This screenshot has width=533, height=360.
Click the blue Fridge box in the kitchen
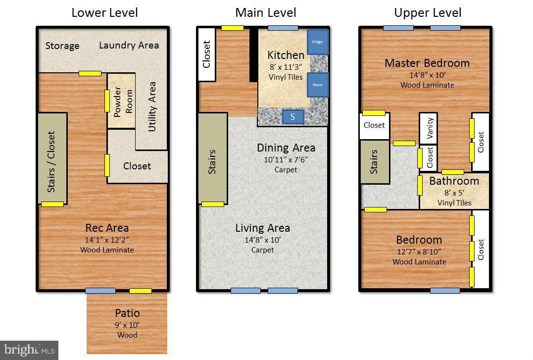coord(317,42)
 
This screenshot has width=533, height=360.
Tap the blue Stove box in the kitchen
coord(317,85)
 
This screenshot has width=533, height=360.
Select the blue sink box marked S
coord(293,117)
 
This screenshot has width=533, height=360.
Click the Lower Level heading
coord(104,12)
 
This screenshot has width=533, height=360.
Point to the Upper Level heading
coord(428,12)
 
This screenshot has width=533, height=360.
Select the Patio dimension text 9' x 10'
coord(127,325)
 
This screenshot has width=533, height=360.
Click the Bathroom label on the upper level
coord(454,181)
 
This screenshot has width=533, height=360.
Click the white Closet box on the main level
coord(207,54)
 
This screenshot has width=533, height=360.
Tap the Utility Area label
coord(152,106)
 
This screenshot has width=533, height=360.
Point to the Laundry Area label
coord(129,45)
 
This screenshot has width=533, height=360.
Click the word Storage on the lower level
coord(62,46)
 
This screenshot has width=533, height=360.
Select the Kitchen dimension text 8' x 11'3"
coord(286,67)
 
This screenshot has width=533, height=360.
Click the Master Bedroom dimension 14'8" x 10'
coord(427,75)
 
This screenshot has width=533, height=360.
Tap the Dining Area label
coord(286,148)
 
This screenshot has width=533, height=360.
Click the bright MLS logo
coord(29,350)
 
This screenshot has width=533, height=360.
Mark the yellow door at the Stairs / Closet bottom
coord(52,204)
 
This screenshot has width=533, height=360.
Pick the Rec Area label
coord(107,228)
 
